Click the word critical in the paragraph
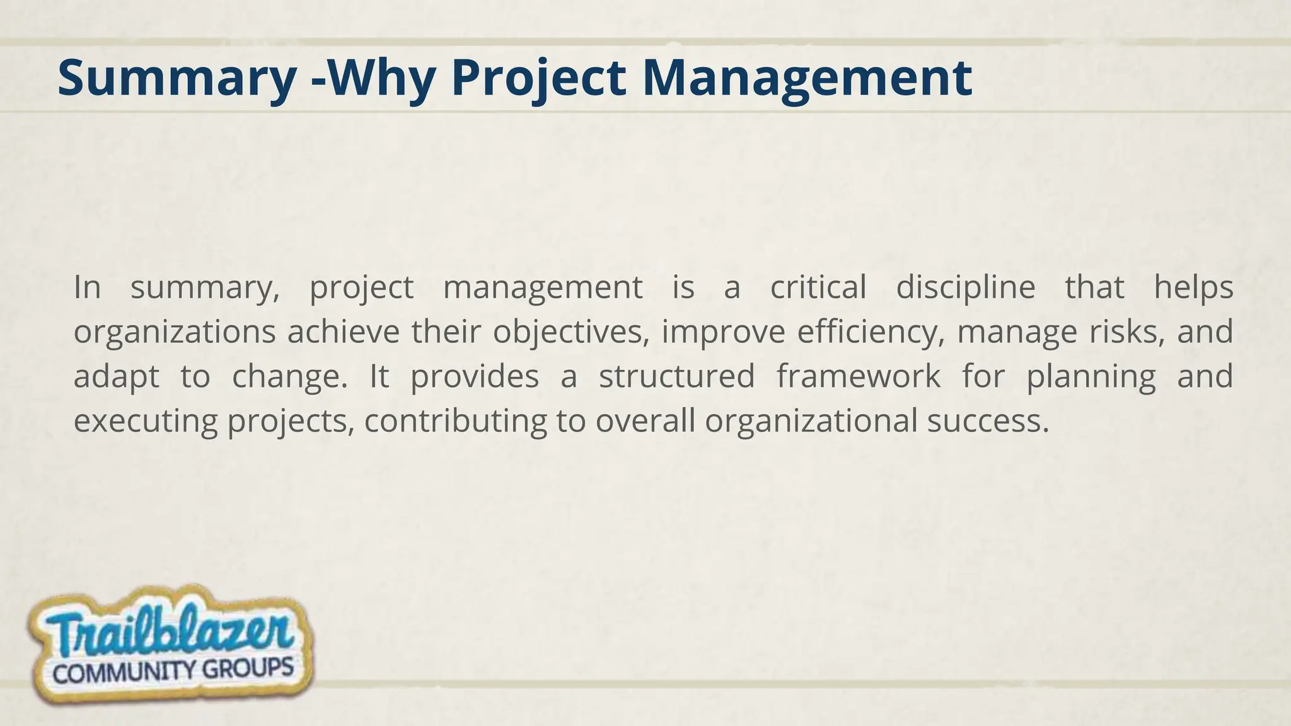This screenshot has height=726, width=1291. point(818,287)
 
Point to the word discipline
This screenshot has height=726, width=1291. point(965,289)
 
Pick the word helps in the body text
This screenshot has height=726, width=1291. point(1193,287)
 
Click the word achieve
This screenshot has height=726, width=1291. point(344,332)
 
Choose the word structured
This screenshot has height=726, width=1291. point(676,376)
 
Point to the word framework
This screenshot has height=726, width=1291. point(858,376)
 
